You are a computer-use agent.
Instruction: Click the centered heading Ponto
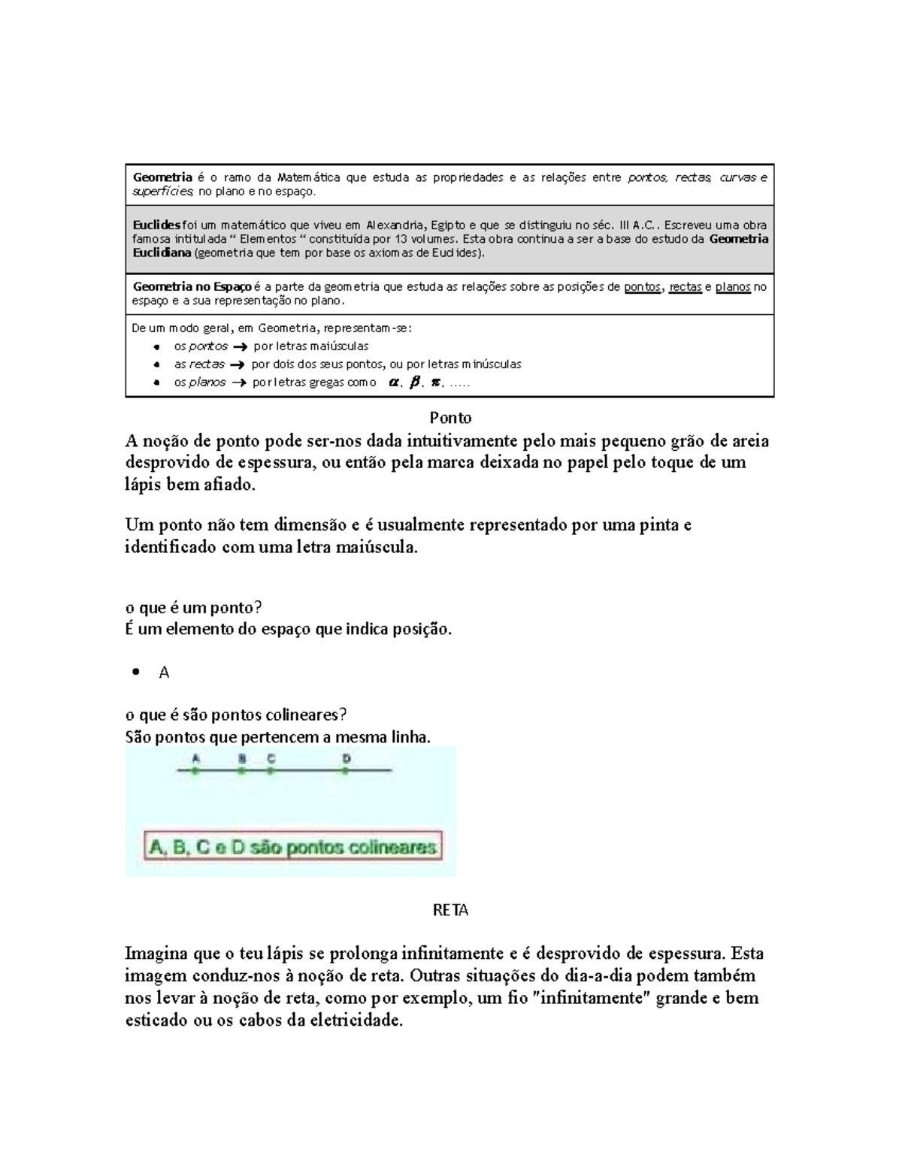coord(450,417)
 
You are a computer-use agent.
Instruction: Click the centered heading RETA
coord(450,910)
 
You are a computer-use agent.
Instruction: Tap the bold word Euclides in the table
coord(156,225)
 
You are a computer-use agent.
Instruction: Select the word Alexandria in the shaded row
coord(395,225)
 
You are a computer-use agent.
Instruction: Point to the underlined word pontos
coord(643,286)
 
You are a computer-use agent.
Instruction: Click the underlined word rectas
coord(686,286)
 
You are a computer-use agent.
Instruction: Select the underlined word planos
coord(733,286)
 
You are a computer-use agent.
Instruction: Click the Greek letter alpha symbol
coord(392,382)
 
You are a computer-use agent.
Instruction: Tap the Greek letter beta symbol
coord(413,382)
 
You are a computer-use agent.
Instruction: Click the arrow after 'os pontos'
coord(240,346)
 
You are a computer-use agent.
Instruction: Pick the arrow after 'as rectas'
coord(238,364)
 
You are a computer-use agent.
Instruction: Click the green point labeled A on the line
coord(195,771)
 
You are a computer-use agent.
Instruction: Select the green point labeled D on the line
coord(346,771)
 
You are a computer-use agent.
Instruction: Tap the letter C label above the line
coord(271,758)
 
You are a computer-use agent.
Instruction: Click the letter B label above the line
coord(242,758)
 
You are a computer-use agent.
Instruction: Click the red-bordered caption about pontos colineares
coord(293,847)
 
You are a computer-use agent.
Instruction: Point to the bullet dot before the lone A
coord(136,673)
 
